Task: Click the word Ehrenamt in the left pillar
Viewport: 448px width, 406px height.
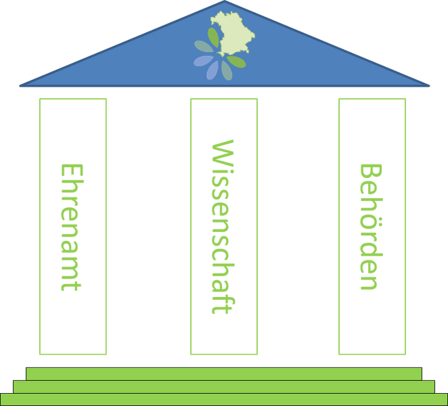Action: pyautogui.click(x=72, y=227)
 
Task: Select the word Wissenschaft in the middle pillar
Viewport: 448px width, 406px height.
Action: pyautogui.click(x=223, y=227)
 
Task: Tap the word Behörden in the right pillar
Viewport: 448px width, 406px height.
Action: pyautogui.click(x=371, y=227)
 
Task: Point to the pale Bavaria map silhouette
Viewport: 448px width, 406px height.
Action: pyautogui.click(x=233, y=34)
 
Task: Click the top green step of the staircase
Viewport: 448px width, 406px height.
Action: pyautogui.click(x=224, y=374)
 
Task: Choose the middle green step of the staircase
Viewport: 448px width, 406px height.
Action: pyautogui.click(x=224, y=387)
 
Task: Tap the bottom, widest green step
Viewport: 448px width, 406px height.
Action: pyautogui.click(x=224, y=399)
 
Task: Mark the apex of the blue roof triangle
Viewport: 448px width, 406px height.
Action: pyautogui.click(x=225, y=1)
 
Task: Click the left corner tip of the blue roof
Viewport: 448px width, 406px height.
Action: pyautogui.click(x=20, y=85)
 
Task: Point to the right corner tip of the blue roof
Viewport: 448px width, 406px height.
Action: pyautogui.click(x=429, y=85)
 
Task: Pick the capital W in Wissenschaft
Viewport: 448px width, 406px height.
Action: pyautogui.click(x=223, y=152)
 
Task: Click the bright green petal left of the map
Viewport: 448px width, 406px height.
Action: pyautogui.click(x=213, y=37)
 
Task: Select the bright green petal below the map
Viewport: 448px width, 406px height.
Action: pyautogui.click(x=236, y=62)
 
